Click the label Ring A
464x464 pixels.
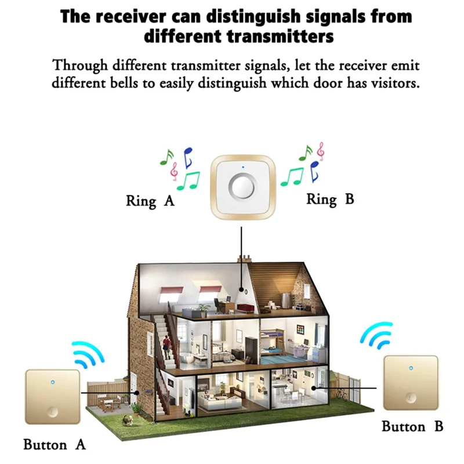(150, 201)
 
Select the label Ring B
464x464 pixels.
(329, 200)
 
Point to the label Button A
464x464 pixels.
(55, 445)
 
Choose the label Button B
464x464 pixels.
(412, 427)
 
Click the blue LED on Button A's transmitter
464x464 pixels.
(52, 382)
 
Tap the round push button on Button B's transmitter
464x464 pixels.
(411, 398)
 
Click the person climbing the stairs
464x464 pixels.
(166, 346)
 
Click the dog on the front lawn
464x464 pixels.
(137, 408)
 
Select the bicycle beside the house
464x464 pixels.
(343, 396)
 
